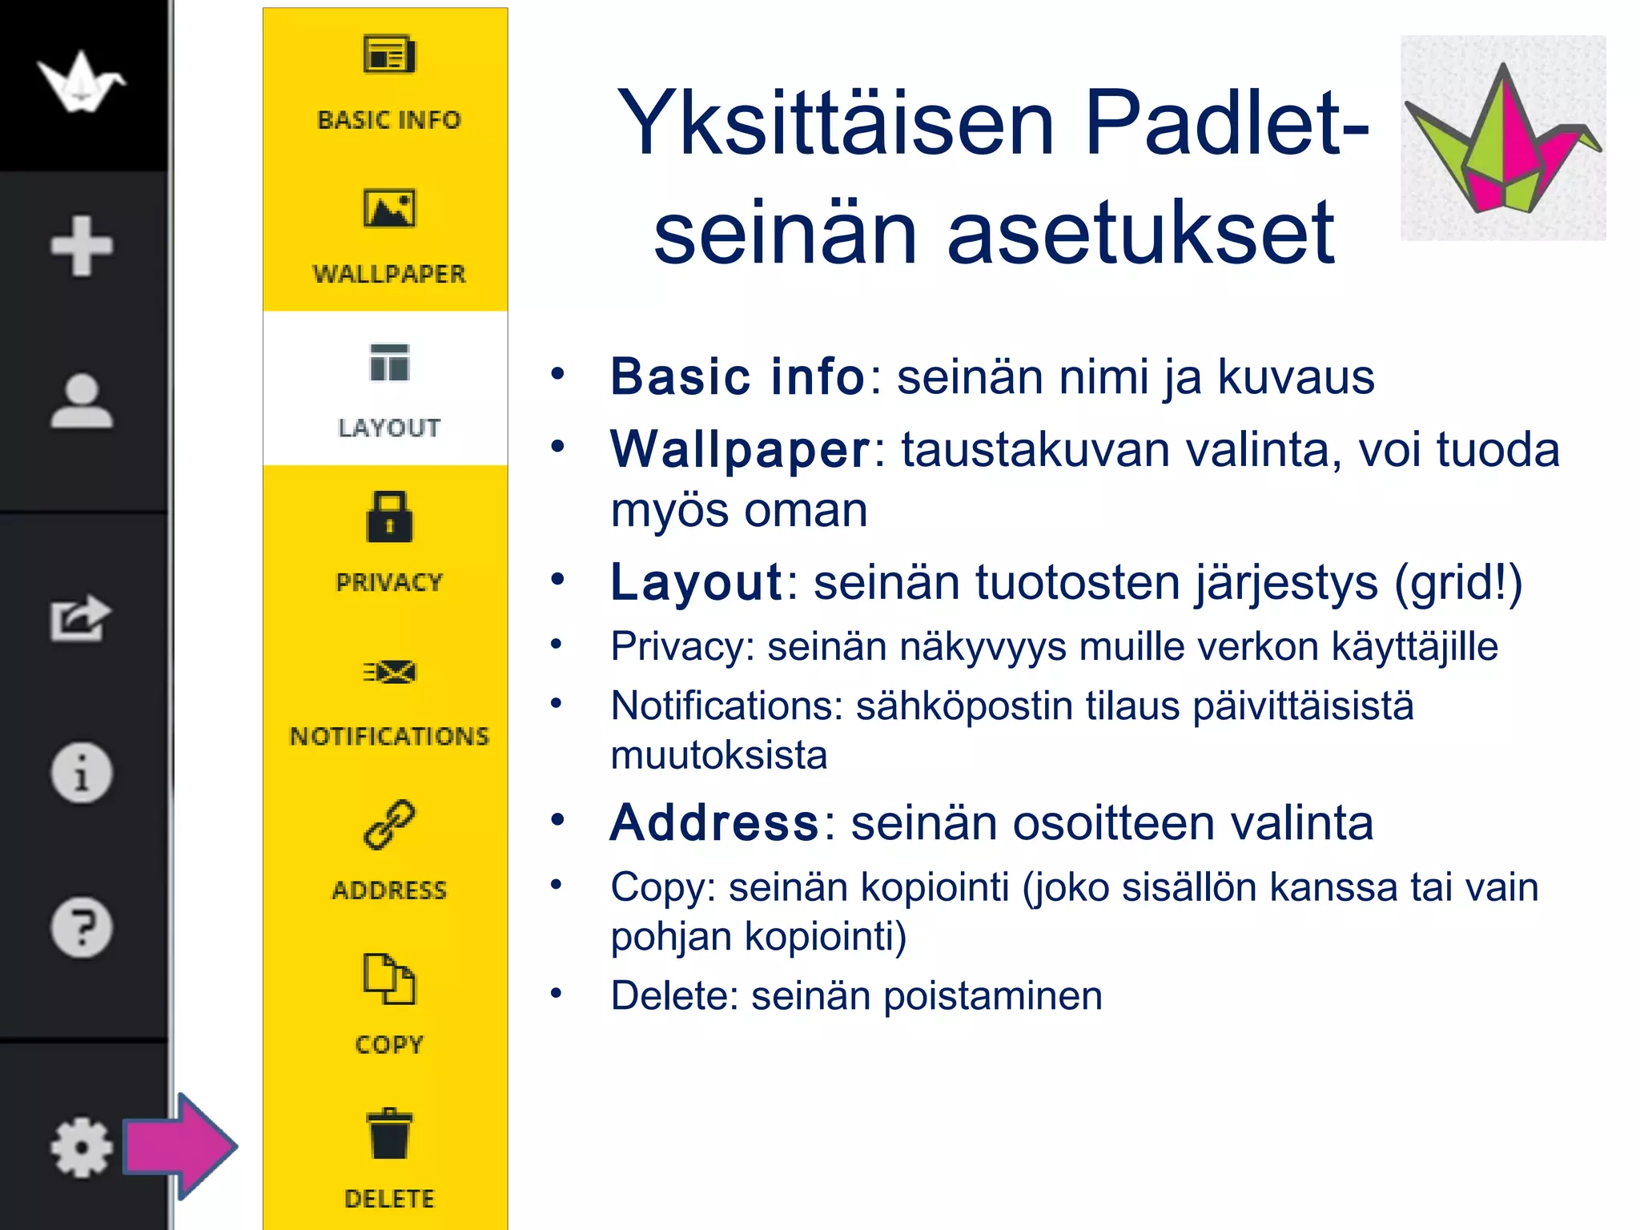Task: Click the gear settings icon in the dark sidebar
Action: coord(81,1148)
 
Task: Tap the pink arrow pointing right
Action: coord(180,1146)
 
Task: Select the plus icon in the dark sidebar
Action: coord(81,246)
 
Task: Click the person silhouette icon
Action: coord(81,400)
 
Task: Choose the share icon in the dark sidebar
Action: coord(79,618)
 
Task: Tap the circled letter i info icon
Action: coord(81,773)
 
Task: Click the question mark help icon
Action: coord(81,927)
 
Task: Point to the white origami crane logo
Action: coord(81,81)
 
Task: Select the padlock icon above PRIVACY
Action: coord(389,517)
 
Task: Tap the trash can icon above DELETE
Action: coord(389,1134)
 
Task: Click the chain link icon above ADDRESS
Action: coord(389,825)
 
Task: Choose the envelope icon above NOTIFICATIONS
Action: coord(389,672)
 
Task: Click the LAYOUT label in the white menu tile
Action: coord(389,428)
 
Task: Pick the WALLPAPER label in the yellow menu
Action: coord(389,274)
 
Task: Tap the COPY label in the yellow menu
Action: coord(389,1044)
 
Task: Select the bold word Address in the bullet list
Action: coord(714,822)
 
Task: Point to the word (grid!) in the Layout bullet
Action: coord(1458,582)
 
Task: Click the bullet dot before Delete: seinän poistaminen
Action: coord(557,994)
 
